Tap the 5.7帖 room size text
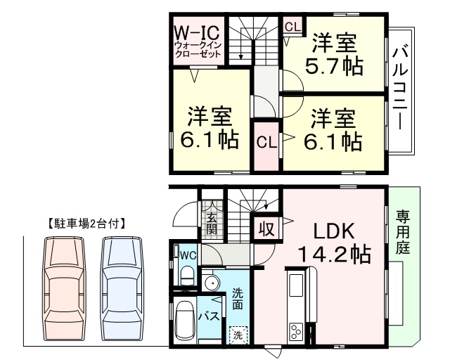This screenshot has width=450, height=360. point(334,66)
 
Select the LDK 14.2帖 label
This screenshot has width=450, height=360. point(335,243)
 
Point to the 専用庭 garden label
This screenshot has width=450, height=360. point(403,233)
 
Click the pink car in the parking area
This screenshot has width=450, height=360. point(64,289)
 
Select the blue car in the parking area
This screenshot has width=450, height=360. point(122,289)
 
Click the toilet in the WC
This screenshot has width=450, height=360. point(188,275)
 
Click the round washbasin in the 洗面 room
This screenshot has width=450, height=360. point(211,282)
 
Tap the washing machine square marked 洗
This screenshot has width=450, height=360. point(238,335)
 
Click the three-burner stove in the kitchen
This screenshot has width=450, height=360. point(296,331)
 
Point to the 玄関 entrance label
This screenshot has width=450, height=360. point(212,224)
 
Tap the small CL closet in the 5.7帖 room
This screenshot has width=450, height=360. point(292,27)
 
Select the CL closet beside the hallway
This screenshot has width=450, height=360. point(266,142)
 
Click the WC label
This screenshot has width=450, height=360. point(188,255)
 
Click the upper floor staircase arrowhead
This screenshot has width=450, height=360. point(240,56)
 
